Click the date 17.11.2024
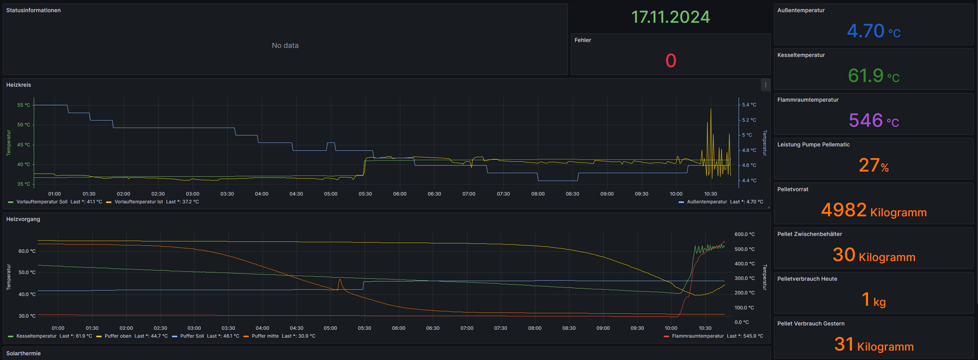pos(670,17)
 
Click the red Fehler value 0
pos(671,61)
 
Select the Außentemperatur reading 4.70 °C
pos(874,31)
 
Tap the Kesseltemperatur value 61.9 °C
pos(874,76)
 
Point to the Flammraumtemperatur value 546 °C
pos(874,121)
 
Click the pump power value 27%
pos(874,165)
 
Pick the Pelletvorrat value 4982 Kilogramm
pos(874,210)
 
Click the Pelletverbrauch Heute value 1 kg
pos(874,300)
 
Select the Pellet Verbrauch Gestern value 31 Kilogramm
pos(874,345)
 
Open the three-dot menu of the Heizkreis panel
pos(765,85)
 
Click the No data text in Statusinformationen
pos(285,46)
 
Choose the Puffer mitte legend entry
pos(265,336)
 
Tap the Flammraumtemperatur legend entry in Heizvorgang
pos(697,336)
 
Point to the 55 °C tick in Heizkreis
pos(24,105)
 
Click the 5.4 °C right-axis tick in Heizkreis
pos(749,105)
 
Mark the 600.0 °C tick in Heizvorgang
pos(744,234)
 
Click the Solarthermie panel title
pos(24,353)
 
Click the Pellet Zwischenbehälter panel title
pos(810,234)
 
